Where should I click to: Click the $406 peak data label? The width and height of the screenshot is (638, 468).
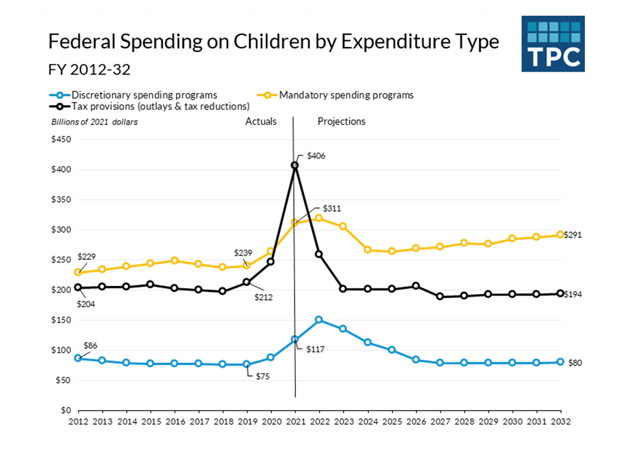click(316, 156)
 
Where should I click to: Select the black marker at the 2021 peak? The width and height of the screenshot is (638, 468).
click(295, 165)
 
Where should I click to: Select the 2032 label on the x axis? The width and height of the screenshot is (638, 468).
click(560, 422)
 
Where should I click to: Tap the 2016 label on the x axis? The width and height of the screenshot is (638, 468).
click(174, 422)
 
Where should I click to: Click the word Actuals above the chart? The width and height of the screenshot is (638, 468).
click(261, 121)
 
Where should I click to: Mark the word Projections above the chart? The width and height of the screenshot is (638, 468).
click(341, 121)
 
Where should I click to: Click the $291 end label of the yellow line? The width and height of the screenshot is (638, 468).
click(574, 235)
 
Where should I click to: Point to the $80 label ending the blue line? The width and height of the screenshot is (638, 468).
click(575, 363)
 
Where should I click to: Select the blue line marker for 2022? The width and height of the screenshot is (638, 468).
click(319, 319)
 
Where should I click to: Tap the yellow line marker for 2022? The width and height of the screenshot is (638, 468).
click(319, 218)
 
